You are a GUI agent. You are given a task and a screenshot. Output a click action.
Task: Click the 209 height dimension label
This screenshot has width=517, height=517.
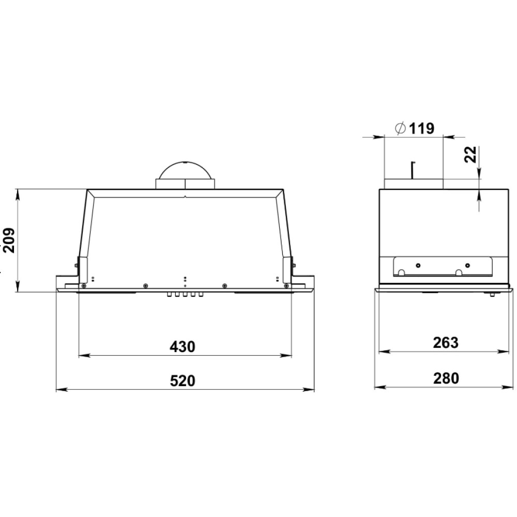click(9, 240)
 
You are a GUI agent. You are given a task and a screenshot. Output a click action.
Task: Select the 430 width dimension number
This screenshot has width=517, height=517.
click(183, 346)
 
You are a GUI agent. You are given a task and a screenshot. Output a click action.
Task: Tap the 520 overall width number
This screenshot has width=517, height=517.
click(183, 381)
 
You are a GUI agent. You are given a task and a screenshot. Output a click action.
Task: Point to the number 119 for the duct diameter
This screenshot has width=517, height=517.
click(422, 128)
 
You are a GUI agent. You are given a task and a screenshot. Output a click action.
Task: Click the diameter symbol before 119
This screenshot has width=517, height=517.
click(400, 128)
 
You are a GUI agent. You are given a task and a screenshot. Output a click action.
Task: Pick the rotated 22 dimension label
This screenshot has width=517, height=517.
click(470, 154)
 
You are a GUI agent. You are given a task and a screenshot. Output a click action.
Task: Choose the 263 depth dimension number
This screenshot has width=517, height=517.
click(446, 343)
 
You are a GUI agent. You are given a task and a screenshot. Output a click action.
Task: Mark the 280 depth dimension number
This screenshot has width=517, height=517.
click(446, 378)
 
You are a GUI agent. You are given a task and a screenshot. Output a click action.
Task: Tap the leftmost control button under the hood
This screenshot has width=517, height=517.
click(170, 294)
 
